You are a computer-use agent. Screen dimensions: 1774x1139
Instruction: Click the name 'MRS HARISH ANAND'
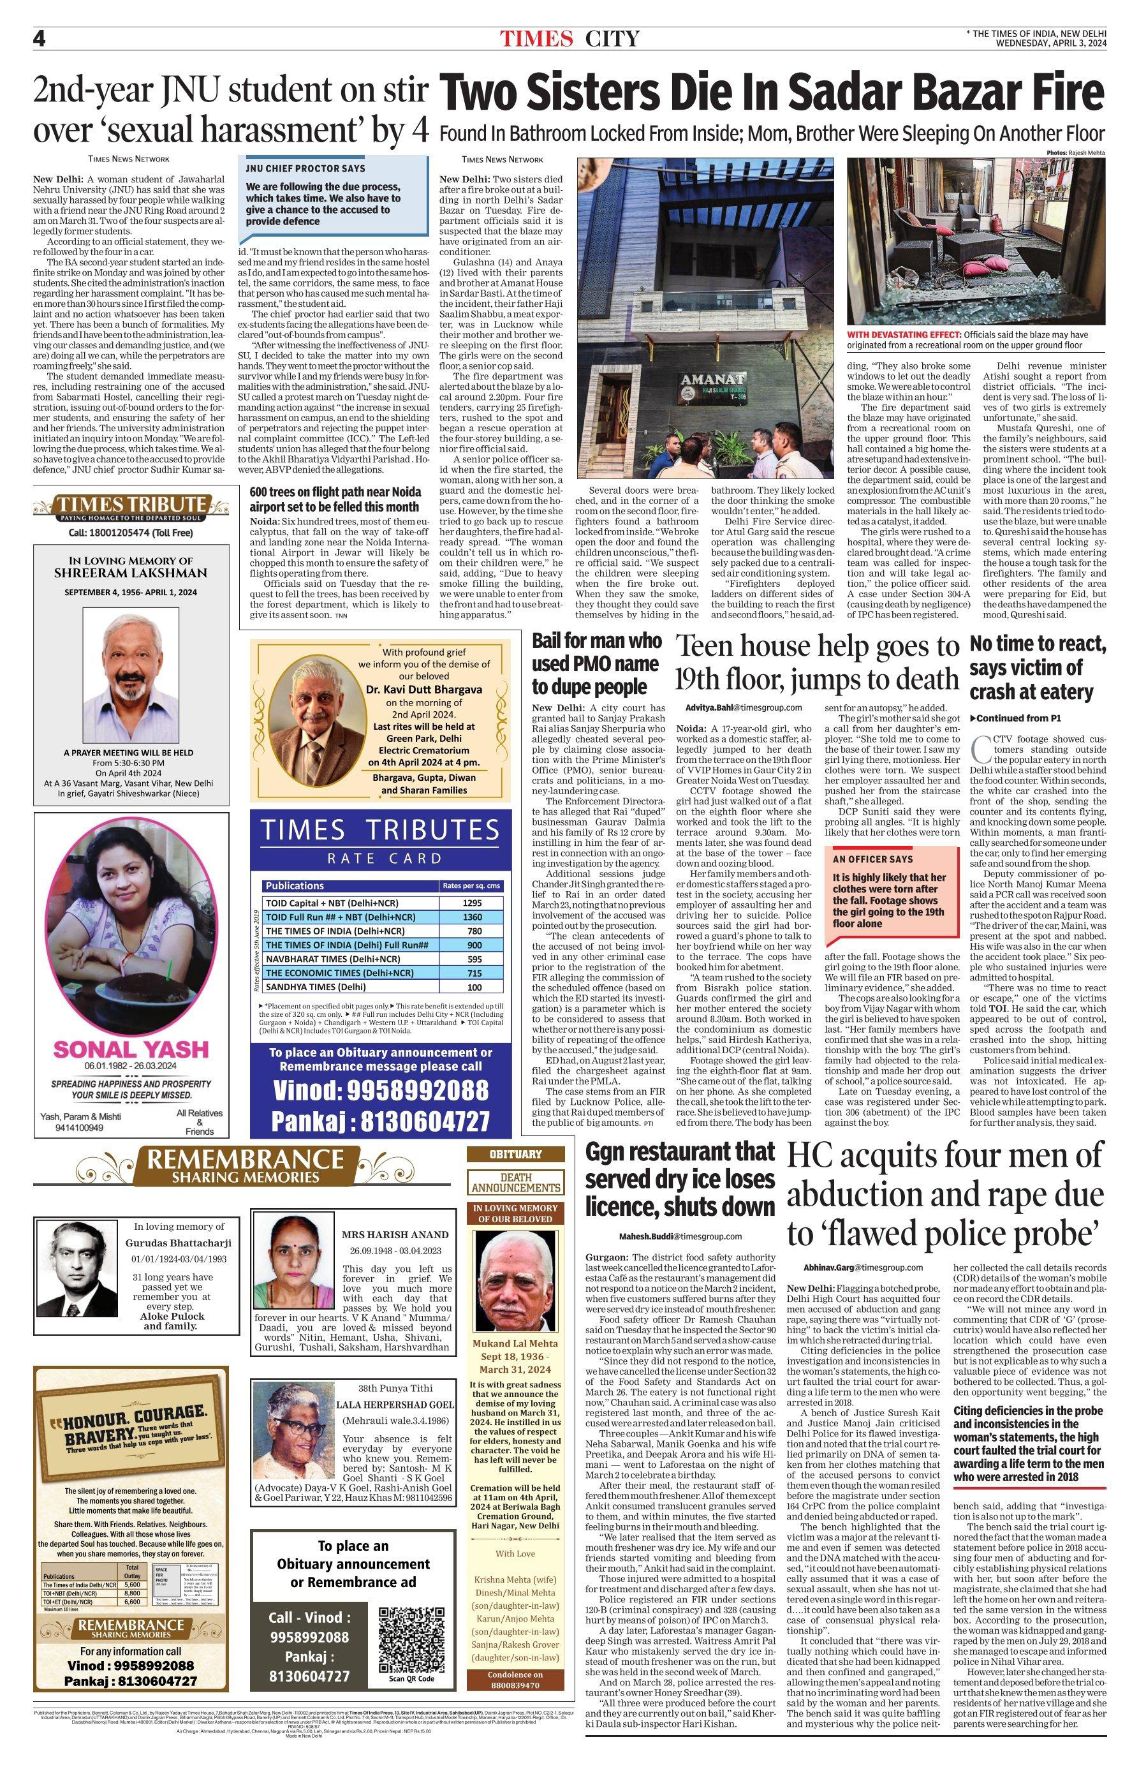[394, 1234]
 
